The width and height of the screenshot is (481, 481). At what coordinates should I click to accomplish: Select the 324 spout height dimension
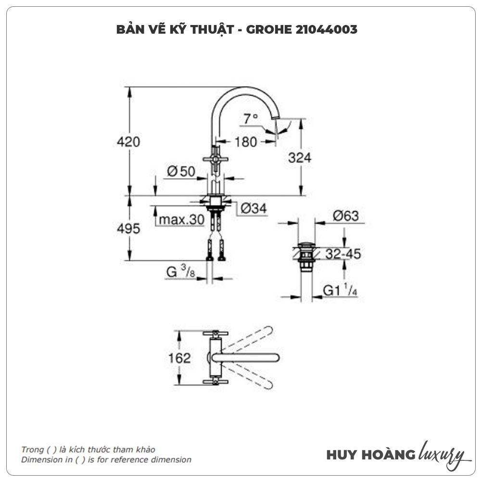[300, 158]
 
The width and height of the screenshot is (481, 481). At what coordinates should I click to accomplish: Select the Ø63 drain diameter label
[345, 216]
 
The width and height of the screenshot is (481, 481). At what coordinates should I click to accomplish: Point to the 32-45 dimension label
[343, 254]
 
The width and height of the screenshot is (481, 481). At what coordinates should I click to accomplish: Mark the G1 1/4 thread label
[340, 291]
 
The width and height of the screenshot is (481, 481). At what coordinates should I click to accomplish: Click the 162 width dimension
[180, 358]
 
